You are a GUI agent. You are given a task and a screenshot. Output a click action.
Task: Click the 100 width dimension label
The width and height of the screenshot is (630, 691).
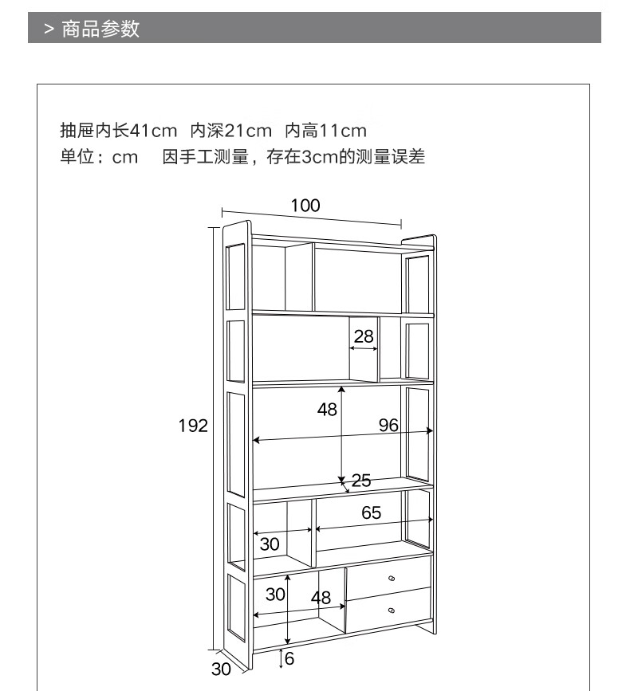click(305, 206)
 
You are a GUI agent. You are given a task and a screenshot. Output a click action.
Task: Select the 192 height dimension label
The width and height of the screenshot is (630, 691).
click(192, 426)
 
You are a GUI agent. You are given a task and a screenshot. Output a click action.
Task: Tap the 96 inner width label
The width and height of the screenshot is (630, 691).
click(388, 425)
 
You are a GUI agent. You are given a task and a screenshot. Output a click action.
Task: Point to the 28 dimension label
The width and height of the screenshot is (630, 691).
click(364, 336)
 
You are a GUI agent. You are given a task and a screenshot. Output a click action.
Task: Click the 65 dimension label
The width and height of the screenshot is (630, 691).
click(372, 513)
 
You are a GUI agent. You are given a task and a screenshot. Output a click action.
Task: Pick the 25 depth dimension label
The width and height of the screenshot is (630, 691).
click(361, 481)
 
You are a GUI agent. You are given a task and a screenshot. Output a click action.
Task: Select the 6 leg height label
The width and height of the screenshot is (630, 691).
click(289, 658)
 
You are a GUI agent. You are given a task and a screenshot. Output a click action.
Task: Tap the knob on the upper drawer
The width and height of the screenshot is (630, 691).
click(391, 579)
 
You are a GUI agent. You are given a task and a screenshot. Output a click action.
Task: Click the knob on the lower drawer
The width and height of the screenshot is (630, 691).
click(391, 610)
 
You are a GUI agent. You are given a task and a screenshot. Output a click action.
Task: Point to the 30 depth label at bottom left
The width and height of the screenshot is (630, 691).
click(221, 669)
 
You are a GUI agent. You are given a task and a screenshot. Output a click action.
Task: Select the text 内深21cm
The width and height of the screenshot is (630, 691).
click(231, 130)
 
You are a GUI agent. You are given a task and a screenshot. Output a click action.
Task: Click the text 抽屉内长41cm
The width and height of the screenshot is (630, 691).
click(118, 130)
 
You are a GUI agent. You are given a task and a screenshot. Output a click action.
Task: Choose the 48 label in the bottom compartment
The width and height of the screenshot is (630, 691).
click(321, 598)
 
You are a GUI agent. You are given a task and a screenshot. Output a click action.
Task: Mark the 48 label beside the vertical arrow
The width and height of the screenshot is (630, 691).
click(327, 410)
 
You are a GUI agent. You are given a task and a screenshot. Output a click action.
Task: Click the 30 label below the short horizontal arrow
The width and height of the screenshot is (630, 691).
click(270, 544)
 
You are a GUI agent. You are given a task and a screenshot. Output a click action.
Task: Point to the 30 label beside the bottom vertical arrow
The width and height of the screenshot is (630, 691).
click(275, 595)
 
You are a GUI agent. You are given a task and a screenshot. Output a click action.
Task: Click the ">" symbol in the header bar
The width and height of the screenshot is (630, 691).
click(49, 29)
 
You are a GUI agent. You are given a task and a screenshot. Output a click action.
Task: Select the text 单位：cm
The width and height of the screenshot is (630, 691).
click(100, 157)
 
